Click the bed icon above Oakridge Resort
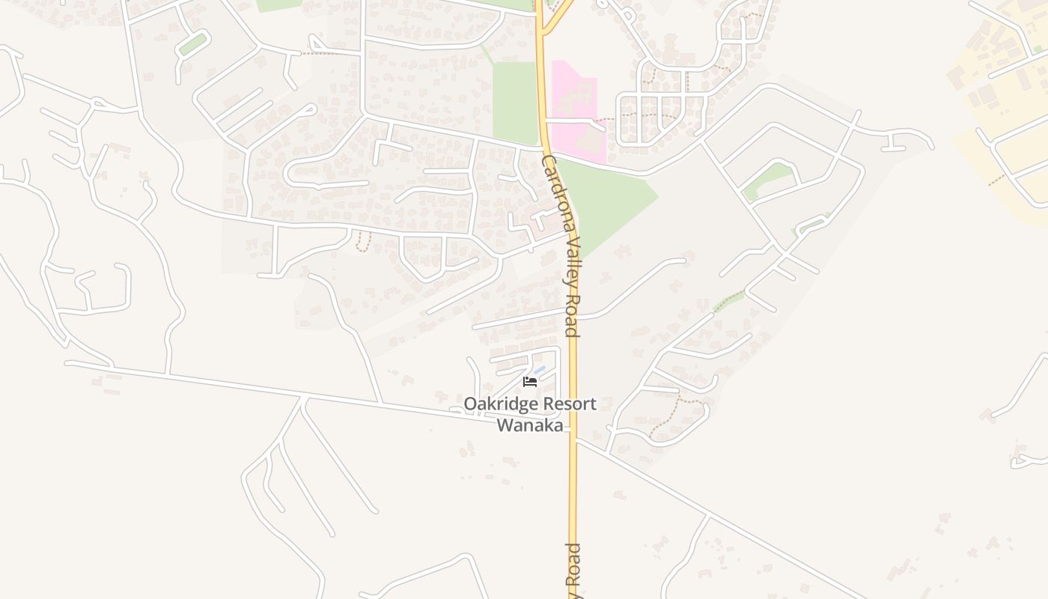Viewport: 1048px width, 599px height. click(x=530, y=382)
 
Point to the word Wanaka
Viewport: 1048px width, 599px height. click(x=529, y=425)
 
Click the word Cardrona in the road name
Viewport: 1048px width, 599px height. click(x=558, y=194)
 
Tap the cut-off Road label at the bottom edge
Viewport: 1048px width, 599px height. click(x=573, y=569)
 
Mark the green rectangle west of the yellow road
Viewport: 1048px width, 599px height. click(x=515, y=101)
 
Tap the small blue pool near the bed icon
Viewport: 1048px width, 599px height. click(x=539, y=370)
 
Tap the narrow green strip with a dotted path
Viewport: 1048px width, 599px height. click(x=729, y=302)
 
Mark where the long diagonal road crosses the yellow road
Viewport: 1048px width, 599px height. click(x=573, y=436)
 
